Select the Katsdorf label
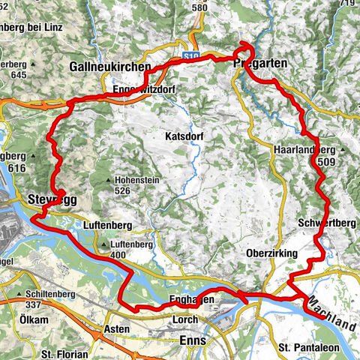click(184, 137)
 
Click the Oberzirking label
click(272, 253)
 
